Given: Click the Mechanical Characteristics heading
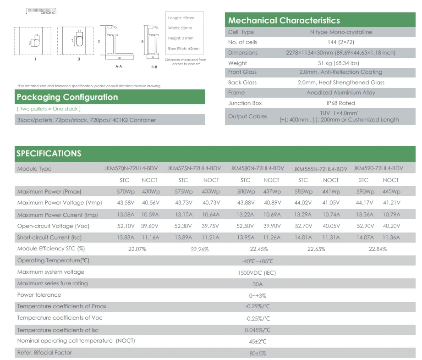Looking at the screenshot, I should click(284, 21).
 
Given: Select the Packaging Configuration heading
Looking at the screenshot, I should click(67, 97).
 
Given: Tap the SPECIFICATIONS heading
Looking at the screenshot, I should click(49, 154).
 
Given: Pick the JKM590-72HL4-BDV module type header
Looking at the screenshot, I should click(378, 168).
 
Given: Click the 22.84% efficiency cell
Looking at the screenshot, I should click(378, 249).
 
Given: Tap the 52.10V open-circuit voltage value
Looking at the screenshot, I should click(125, 226).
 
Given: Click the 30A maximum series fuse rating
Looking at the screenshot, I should click(257, 284).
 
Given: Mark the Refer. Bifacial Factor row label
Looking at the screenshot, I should click(44, 353).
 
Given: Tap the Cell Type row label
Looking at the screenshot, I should click(241, 32).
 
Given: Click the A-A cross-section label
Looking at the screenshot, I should click(119, 66).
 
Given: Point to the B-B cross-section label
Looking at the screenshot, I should click(154, 67).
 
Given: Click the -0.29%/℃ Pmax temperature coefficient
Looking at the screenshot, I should click(258, 307).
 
